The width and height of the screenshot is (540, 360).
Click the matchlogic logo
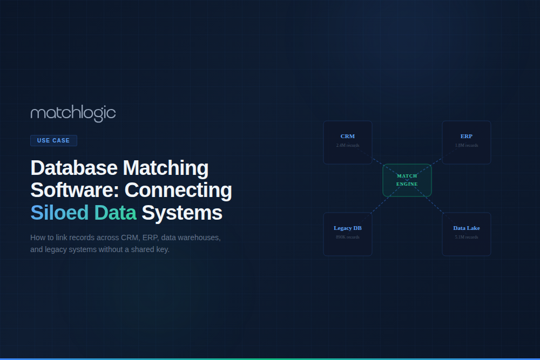(x=73, y=113)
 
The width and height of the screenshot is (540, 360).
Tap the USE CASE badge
(x=53, y=140)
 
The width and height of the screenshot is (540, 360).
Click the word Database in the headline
(x=74, y=168)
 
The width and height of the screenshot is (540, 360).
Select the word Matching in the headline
(x=166, y=168)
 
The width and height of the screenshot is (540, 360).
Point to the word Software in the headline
(x=74, y=191)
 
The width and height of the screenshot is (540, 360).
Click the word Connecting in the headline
(x=179, y=191)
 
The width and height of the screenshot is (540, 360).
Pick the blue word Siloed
(x=59, y=213)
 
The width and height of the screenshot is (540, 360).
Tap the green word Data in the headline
(x=115, y=213)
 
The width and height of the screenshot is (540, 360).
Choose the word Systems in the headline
(x=182, y=213)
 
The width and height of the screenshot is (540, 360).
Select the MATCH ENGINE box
(x=407, y=180)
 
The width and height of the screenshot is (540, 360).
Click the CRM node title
(x=348, y=137)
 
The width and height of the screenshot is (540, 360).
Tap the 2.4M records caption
(x=348, y=145)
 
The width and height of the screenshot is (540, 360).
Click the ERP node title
(x=467, y=137)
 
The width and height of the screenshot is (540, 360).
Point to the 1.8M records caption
(x=467, y=145)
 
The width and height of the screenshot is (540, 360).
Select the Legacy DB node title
(x=348, y=228)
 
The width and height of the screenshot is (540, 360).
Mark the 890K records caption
(x=348, y=237)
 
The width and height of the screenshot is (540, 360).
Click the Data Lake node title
(x=467, y=228)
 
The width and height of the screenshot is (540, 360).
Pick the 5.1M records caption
(x=467, y=237)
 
